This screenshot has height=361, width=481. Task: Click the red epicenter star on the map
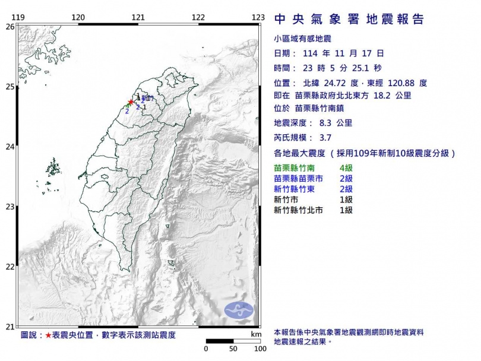point(131,102)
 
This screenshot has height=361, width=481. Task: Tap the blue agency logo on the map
point(239,309)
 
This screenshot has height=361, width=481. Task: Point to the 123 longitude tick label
point(257,18)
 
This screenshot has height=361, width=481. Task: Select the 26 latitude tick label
point(10,27)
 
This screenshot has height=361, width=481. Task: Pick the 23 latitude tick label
point(10,207)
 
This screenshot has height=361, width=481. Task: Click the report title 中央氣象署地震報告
point(349,20)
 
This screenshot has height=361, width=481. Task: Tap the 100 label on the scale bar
point(260,349)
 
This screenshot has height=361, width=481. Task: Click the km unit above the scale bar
point(256,335)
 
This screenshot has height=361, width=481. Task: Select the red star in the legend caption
point(48,335)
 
